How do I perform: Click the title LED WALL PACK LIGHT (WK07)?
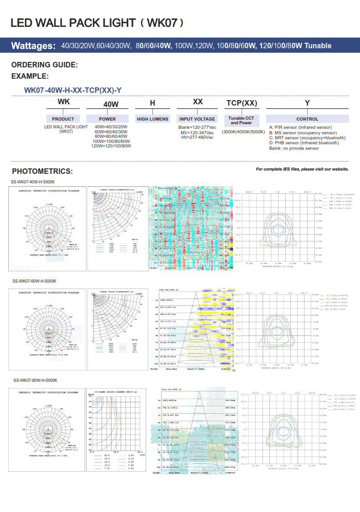tap(97, 23)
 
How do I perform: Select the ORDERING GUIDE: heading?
tap(45, 65)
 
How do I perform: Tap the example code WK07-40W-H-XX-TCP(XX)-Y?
tap(72, 90)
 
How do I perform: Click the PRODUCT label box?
tap(63, 119)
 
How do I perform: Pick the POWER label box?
tap(107, 119)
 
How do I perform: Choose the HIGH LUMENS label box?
tap(152, 119)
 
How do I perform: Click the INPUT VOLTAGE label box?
tap(197, 119)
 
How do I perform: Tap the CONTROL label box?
tap(307, 119)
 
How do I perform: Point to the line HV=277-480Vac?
tap(197, 137)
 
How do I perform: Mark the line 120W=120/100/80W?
tap(111, 146)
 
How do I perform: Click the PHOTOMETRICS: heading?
tap(42, 172)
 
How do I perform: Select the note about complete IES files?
tap(302, 169)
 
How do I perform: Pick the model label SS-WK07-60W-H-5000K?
tap(34, 281)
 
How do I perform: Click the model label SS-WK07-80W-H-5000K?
tap(35, 380)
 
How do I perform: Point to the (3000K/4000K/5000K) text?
tap(243, 132)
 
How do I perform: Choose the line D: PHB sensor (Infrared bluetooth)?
tap(304, 143)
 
